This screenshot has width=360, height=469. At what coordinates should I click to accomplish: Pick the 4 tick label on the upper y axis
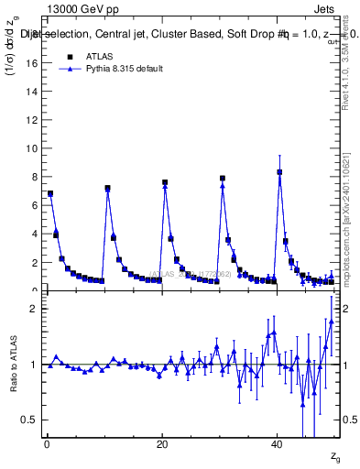coord(37,234)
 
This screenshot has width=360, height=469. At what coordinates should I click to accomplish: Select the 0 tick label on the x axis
coord(47,443)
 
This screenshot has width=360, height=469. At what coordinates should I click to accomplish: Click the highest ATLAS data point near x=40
coord(279,172)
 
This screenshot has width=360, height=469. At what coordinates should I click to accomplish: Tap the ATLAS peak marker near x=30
coord(223,178)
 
